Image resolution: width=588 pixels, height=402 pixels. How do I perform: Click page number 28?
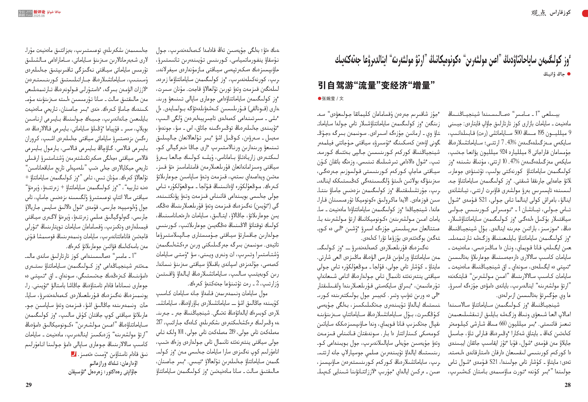tap(567, 385)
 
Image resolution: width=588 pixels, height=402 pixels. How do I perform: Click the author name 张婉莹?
tap(328, 98)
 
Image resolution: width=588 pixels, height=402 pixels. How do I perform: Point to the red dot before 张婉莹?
tap(320, 98)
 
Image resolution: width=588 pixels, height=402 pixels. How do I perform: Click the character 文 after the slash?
tap(342, 98)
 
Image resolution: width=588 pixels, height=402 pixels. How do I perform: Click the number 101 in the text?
tap(181, 332)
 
